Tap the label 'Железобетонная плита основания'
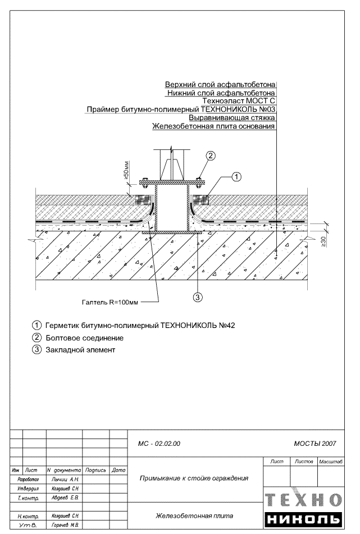(213, 126)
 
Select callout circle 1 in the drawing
(236, 177)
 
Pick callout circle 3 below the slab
(198, 297)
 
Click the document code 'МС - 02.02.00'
(159, 444)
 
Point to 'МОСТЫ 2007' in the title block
(315, 444)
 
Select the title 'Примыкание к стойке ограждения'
(194, 478)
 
